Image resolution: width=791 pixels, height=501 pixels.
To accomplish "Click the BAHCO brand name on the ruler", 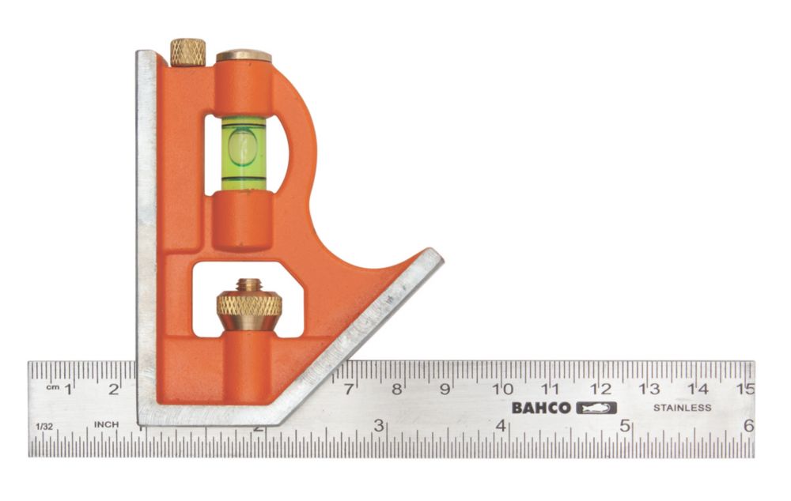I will click(x=540, y=408).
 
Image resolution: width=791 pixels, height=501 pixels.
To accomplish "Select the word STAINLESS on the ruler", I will click(x=682, y=408).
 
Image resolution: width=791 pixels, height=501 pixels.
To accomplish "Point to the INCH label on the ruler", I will click(x=107, y=424).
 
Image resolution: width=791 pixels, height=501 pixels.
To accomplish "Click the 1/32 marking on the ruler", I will click(x=44, y=426).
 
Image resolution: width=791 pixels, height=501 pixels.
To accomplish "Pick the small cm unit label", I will click(x=53, y=388).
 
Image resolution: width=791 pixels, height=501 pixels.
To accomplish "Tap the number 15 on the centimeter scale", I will click(x=744, y=388).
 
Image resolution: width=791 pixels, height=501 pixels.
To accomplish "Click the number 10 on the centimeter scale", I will click(x=502, y=388).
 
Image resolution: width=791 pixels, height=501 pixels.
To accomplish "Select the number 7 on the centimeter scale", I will click(x=349, y=388).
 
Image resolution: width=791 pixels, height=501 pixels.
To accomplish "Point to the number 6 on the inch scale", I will click(x=747, y=425).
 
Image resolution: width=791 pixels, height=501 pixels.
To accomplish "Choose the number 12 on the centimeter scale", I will click(x=600, y=388).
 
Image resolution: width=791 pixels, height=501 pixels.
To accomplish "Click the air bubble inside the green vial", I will click(x=242, y=148).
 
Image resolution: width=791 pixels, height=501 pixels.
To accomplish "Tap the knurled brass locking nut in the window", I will click(x=249, y=306).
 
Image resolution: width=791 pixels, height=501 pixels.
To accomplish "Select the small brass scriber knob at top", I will click(x=188, y=52).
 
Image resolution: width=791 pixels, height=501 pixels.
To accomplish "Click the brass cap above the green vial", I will click(x=244, y=56).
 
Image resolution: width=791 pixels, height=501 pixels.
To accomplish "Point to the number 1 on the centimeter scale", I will click(x=68, y=388).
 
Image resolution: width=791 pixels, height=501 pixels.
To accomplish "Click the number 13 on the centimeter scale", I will click(x=649, y=388).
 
